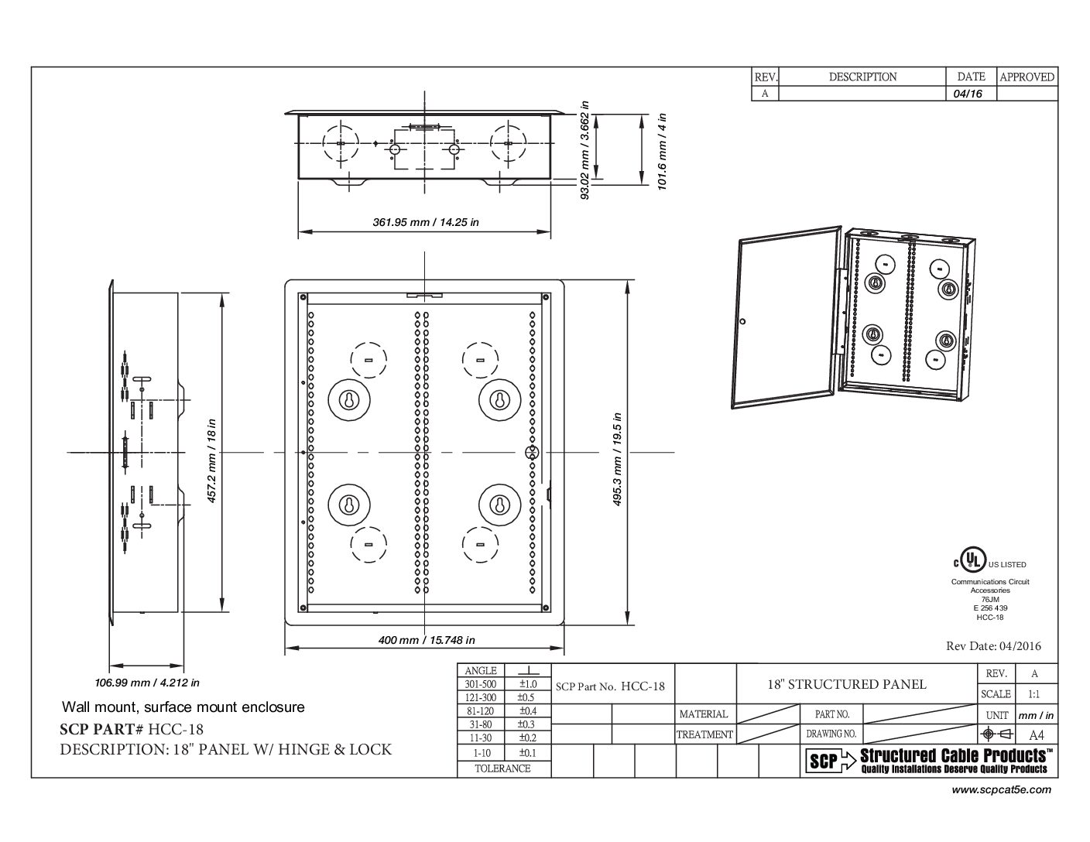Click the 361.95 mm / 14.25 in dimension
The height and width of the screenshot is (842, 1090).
[x=425, y=222]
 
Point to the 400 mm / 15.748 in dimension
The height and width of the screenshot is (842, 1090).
[x=427, y=640]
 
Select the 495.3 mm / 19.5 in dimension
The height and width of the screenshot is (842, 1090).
[x=618, y=459]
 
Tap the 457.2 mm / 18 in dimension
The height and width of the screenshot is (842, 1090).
[x=211, y=460]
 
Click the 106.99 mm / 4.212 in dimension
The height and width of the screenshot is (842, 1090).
[x=147, y=683]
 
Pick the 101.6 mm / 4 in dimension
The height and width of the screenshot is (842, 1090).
[x=662, y=151]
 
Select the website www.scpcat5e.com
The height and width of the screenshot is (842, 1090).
[x=1001, y=790]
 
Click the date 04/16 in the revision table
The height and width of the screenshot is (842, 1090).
[x=967, y=94]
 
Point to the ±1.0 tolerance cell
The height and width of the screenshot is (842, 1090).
[x=528, y=684]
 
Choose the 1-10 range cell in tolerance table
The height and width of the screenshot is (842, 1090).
[x=482, y=753]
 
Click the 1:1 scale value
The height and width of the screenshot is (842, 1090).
[x=1033, y=694]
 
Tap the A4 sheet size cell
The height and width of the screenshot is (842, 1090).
[x=1036, y=734]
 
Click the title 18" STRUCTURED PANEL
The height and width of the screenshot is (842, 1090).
[x=847, y=685]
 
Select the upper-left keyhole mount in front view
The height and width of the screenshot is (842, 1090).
[x=349, y=400]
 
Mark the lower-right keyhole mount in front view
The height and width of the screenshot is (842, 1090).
[x=499, y=505]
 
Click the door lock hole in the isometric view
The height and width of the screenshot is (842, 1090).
[x=743, y=321]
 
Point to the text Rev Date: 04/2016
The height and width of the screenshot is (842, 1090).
[x=993, y=646]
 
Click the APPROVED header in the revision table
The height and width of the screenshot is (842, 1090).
[x=1027, y=77]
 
